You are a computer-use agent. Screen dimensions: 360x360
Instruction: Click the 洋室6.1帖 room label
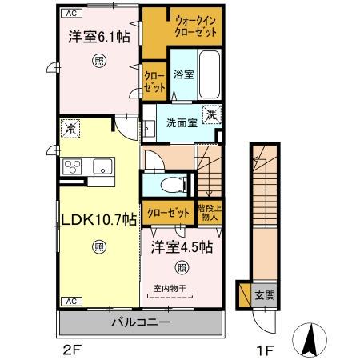(98, 36)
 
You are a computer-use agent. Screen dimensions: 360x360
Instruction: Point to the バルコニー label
(140, 323)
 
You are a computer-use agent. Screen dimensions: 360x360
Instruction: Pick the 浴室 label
(182, 75)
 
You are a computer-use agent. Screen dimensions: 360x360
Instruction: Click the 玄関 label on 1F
(265, 294)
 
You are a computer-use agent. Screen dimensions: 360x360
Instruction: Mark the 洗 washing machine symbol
(211, 114)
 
